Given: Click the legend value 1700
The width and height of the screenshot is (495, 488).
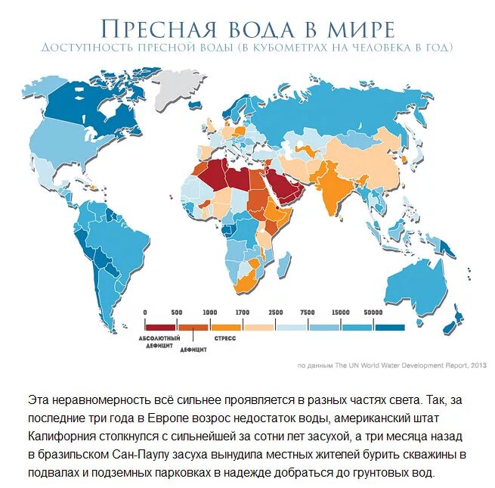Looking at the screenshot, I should [x=243, y=312].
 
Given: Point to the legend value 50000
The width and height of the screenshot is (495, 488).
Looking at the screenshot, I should [x=372, y=312].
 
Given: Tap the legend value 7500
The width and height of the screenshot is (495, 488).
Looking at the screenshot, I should [x=308, y=312].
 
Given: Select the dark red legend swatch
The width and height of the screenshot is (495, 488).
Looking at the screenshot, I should [x=161, y=327].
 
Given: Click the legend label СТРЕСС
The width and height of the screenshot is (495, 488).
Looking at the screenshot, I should [x=225, y=338].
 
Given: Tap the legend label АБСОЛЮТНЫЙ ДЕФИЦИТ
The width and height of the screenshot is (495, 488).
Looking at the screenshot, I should [x=159, y=340].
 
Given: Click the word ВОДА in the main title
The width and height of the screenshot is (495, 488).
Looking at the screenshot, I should [x=255, y=30].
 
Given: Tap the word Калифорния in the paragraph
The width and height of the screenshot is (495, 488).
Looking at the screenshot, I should [x=62, y=437].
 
